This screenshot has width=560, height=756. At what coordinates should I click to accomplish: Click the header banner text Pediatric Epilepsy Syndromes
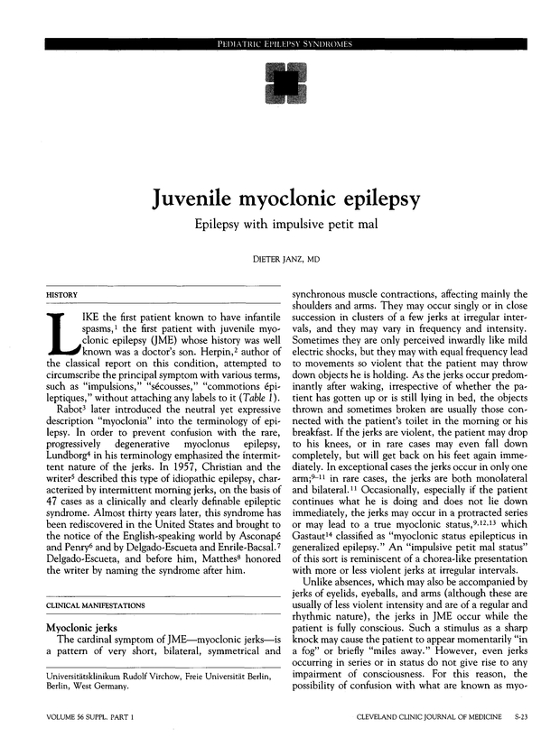click(284, 44)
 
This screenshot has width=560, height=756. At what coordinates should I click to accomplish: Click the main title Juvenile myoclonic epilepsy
click(285, 197)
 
